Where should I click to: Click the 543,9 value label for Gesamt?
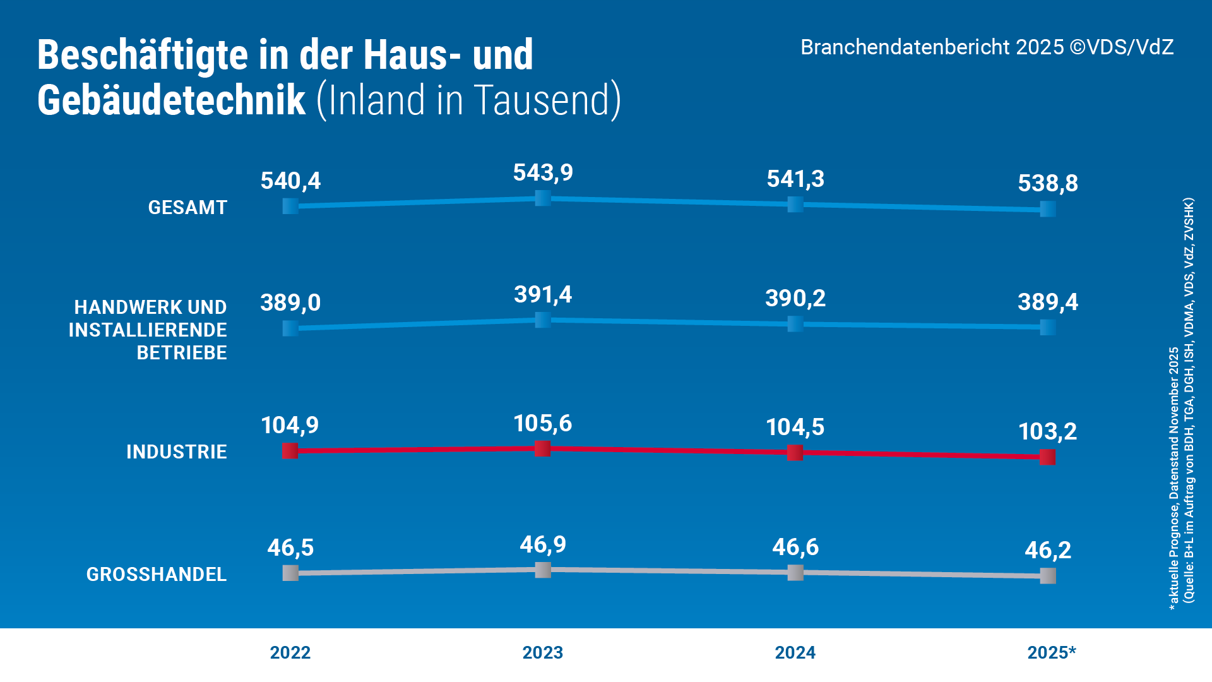(543, 172)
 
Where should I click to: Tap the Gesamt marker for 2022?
(290, 206)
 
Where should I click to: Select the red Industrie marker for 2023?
(543, 449)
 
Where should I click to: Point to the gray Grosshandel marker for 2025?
(1048, 576)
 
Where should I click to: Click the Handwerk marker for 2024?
(795, 324)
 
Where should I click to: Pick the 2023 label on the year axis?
(543, 652)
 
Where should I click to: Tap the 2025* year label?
(1051, 652)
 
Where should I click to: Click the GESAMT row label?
(187, 208)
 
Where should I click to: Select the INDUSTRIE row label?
(177, 452)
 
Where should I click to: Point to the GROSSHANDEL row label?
(157, 575)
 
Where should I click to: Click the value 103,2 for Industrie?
(1048, 432)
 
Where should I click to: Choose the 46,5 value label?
(290, 547)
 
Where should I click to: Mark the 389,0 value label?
(290, 303)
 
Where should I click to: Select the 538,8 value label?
(1048, 184)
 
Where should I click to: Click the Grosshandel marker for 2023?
(543, 570)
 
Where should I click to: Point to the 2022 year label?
(290, 652)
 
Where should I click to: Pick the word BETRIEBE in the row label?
(182, 353)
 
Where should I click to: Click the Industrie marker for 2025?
(1048, 457)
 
